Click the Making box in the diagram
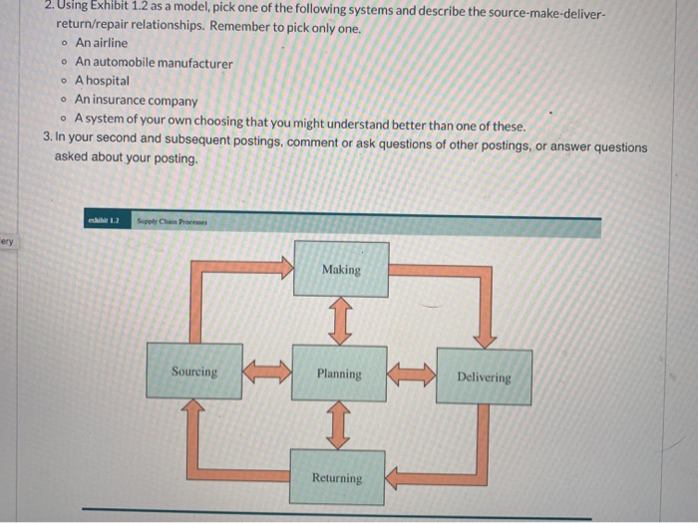coord(341,269)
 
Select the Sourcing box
coord(194,372)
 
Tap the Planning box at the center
coord(339,374)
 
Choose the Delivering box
coord(484,377)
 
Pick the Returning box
coord(337,477)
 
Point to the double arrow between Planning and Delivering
coord(412,375)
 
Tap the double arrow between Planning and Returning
coord(339,425)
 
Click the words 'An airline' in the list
coord(102,44)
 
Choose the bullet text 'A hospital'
coord(103,81)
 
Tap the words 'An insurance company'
coord(137,100)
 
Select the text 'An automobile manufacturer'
coord(154,63)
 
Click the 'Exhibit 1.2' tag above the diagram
coord(104,220)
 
